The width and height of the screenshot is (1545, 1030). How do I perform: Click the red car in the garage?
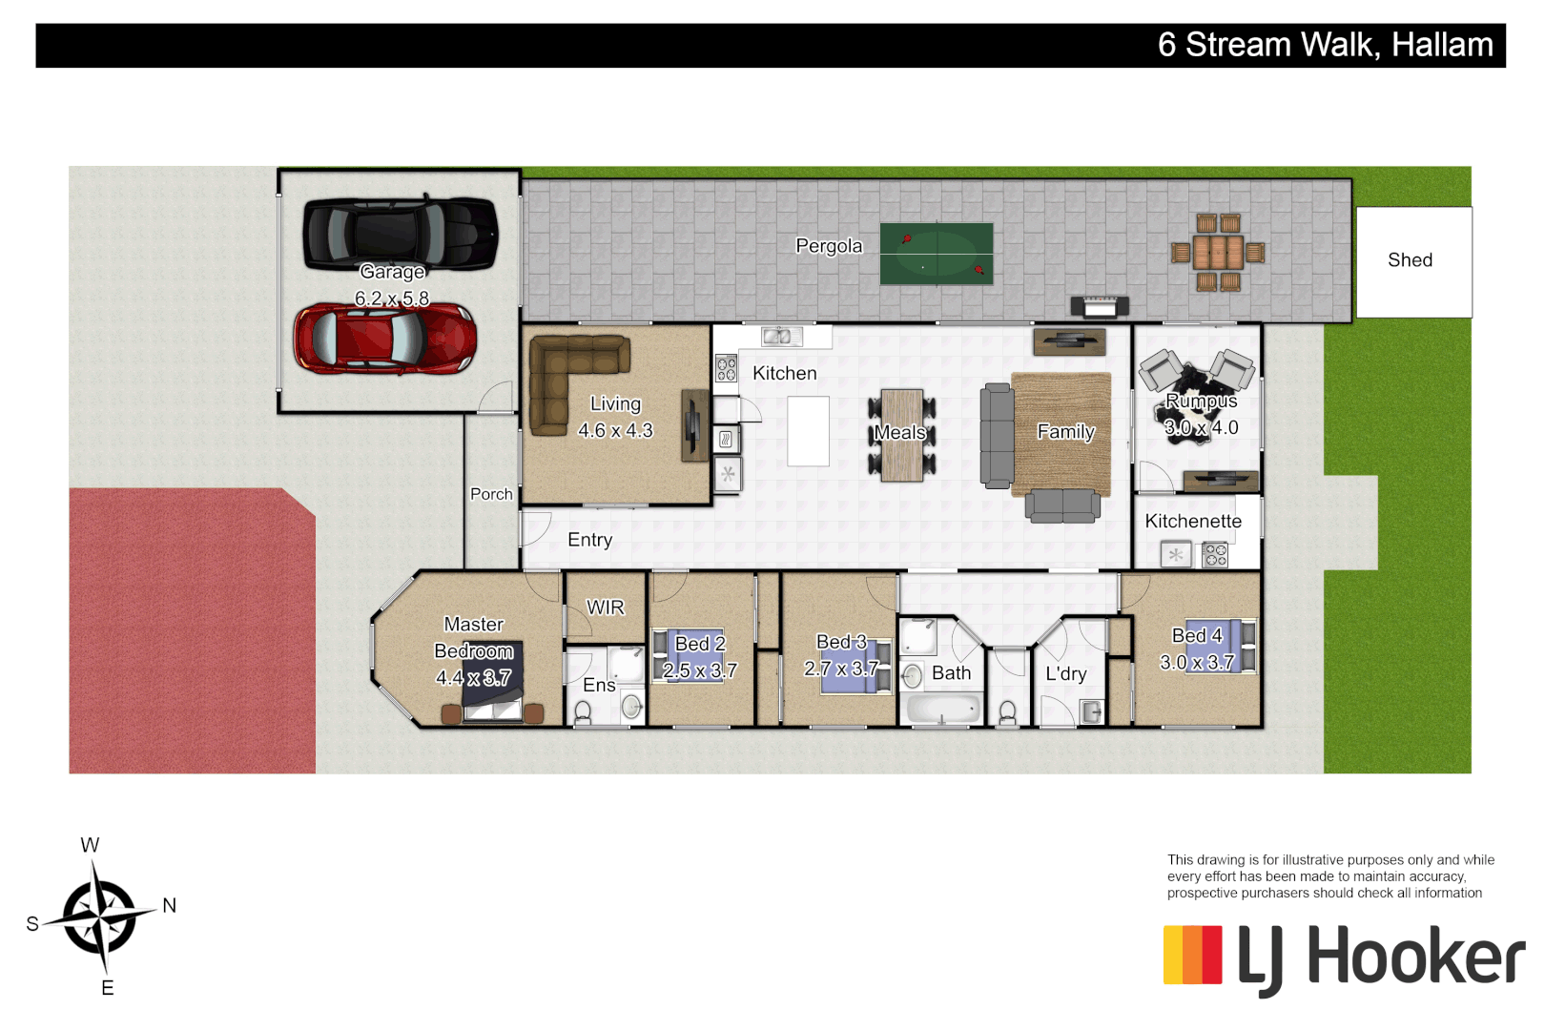click(x=384, y=339)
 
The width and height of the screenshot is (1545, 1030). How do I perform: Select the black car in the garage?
click(x=400, y=233)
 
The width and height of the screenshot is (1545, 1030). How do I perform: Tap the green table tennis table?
click(x=937, y=254)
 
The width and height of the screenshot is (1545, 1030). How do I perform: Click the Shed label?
click(x=1410, y=260)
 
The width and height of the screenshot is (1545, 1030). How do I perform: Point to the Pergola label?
click(x=829, y=246)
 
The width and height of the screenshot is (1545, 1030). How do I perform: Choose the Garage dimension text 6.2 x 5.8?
click(x=392, y=299)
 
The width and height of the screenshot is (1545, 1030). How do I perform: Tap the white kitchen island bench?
click(x=808, y=431)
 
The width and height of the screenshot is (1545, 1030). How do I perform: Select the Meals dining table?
click(x=901, y=434)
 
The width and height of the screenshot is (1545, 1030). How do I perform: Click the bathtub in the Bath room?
click(x=942, y=709)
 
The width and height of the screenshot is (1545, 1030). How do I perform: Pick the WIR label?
click(x=605, y=608)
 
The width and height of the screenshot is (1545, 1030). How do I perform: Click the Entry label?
click(x=589, y=540)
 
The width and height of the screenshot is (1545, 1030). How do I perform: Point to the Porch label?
click(x=491, y=494)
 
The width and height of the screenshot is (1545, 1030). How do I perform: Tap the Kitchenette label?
click(x=1193, y=522)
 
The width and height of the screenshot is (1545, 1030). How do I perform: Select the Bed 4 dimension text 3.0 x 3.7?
click(x=1197, y=662)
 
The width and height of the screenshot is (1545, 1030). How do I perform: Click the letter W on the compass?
click(x=90, y=845)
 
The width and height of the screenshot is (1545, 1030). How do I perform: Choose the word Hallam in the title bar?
click(x=1442, y=45)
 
